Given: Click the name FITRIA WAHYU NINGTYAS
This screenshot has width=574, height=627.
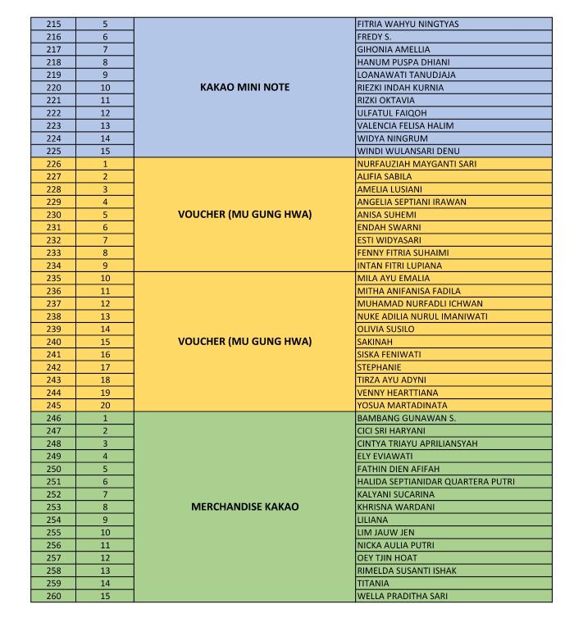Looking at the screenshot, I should pyautogui.click(x=408, y=24).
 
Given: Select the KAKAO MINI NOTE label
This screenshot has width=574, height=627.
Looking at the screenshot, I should pyautogui.click(x=244, y=88).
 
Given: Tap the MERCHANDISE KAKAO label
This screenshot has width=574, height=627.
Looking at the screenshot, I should pyautogui.click(x=244, y=507).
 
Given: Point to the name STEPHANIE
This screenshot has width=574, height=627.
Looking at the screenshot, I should pyautogui.click(x=379, y=367).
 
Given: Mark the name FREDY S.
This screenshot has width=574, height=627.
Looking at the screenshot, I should pyautogui.click(x=374, y=37).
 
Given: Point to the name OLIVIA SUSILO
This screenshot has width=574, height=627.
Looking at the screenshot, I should pyautogui.click(x=386, y=329).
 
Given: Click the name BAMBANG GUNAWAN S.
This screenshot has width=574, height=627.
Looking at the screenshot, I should pyautogui.click(x=401, y=418).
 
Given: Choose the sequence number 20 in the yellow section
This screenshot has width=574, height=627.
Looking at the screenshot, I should pyautogui.click(x=105, y=405).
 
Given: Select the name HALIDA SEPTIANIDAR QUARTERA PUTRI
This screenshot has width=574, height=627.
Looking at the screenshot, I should pyautogui.click(x=435, y=481).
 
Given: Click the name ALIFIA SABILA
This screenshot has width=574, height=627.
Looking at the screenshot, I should pyautogui.click(x=385, y=176).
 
